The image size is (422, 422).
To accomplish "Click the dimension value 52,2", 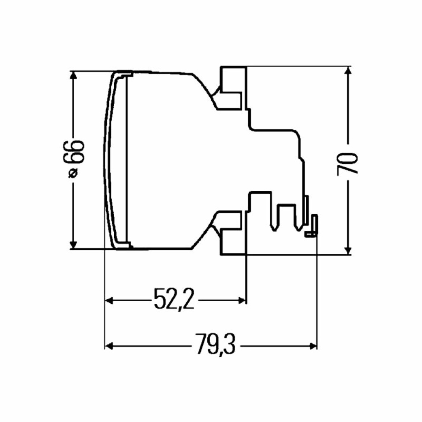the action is tap(174, 298).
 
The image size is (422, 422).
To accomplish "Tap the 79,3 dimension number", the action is tap(215, 345).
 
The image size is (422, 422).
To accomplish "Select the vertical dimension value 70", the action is tap(347, 164).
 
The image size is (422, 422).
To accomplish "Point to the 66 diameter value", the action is tap(73, 152).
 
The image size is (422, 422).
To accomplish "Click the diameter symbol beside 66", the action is tap(73, 173).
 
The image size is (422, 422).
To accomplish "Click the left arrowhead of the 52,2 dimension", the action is tap(108, 300).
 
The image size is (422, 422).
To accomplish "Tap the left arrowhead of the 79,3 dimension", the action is tap(108, 346).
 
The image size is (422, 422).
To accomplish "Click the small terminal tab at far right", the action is tap(312, 226).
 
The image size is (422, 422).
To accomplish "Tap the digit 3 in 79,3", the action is tap(229, 344).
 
